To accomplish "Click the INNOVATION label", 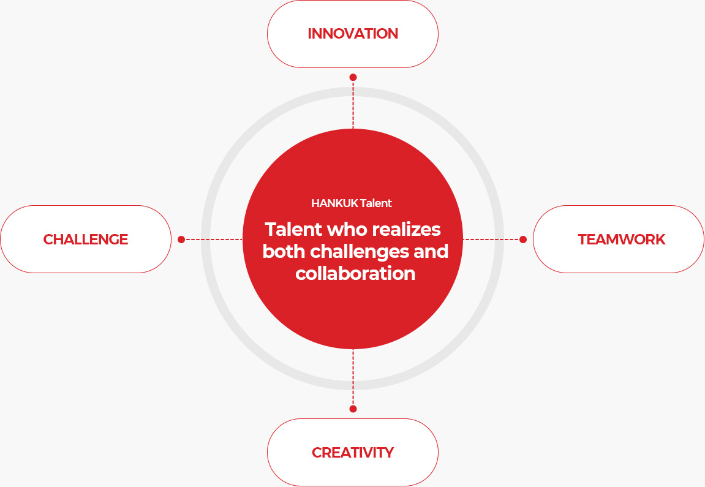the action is point(353,34).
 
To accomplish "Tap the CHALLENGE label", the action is point(86,240).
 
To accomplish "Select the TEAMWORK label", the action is point(621,240).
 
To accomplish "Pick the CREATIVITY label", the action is point(353,452).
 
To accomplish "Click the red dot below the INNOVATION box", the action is point(353,77).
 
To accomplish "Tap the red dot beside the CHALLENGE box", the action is point(181,240).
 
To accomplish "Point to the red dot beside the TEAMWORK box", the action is point(523,240).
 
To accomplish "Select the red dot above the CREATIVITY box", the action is point(353,409).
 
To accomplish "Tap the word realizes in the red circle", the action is point(406,229).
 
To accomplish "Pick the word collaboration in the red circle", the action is point(355,273).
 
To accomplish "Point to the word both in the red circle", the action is point(284,251).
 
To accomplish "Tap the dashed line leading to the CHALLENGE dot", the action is point(214,240).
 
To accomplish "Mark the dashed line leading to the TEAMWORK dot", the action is point(491,240).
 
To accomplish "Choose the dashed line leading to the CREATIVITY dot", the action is point(353,377).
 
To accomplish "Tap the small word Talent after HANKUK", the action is point(376,203).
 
